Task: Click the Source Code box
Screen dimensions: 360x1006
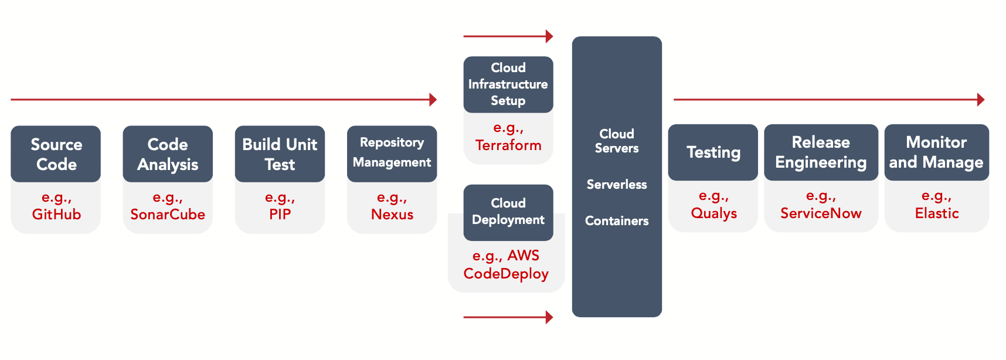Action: coord(56,154)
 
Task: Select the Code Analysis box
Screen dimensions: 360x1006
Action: coord(168,154)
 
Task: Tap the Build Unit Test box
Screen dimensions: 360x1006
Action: coord(280,154)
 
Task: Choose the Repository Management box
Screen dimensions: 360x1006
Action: coord(392,153)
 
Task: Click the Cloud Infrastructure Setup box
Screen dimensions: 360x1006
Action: coord(508,84)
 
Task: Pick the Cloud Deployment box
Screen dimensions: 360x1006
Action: coord(508,212)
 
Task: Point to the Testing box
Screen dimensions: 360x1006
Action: coord(713,152)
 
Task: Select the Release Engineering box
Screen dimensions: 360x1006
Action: coord(821,152)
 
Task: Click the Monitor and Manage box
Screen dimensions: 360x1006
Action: coord(936,152)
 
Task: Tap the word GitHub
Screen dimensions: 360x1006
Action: coord(56,215)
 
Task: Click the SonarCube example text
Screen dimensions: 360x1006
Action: coord(168,215)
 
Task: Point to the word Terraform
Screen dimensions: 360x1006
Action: coord(508,145)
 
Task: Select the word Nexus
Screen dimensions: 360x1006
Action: coord(392,215)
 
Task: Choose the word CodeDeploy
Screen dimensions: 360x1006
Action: coord(506,274)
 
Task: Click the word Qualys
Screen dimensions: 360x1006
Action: coord(713,213)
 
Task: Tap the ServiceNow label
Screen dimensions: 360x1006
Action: coord(821,213)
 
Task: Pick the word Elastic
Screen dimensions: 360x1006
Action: coord(937,213)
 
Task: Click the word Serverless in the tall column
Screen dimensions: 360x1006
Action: coord(617,185)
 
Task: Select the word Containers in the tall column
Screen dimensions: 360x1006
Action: coord(617,221)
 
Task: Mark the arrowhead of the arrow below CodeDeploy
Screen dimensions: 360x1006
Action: coord(549,317)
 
